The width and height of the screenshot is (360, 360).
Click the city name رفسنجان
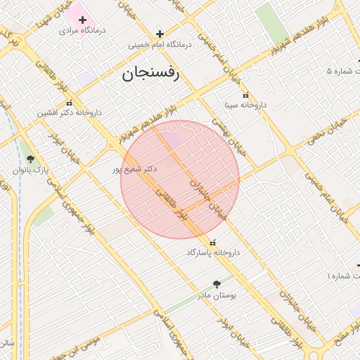point(150,72)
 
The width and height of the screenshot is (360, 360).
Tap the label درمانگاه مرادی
point(83,30)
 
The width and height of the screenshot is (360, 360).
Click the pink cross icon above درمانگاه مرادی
point(83,19)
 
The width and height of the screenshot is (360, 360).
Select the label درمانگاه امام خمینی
point(160,44)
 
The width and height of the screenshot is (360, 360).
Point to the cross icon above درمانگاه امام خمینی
point(160,33)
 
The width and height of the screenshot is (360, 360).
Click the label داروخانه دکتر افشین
point(70,112)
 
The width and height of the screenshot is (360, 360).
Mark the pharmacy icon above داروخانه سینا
point(245,95)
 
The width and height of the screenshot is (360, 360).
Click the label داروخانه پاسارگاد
point(213,252)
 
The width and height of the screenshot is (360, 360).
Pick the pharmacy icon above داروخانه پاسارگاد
point(213,242)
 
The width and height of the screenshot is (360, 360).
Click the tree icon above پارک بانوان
point(29,159)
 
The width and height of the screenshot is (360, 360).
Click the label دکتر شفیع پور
point(134,169)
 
